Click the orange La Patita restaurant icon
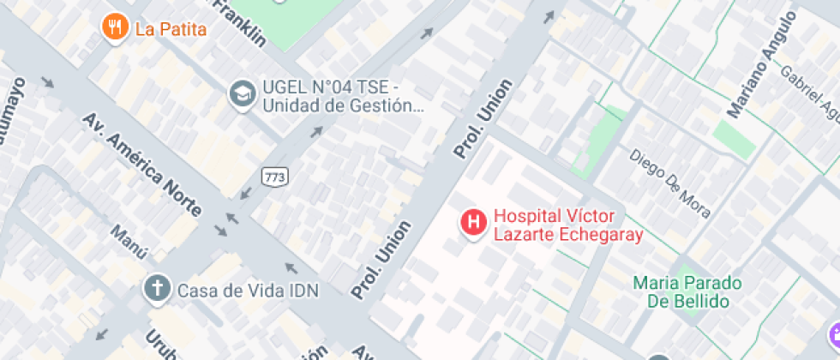pyautogui.click(x=115, y=27)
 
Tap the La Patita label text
pyautogui.click(x=171, y=29)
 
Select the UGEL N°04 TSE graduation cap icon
pyautogui.click(x=243, y=95)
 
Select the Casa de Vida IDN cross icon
pyautogui.click(x=157, y=290)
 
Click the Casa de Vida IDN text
pyautogui.click(x=248, y=291)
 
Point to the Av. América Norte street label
pyautogui.click(x=142, y=164)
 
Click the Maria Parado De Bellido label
pyautogui.click(x=687, y=291)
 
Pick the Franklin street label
pyautogui.click(x=239, y=21)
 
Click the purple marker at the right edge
pyautogui.click(x=834, y=335)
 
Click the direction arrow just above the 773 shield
pyautogui.click(x=316, y=132)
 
